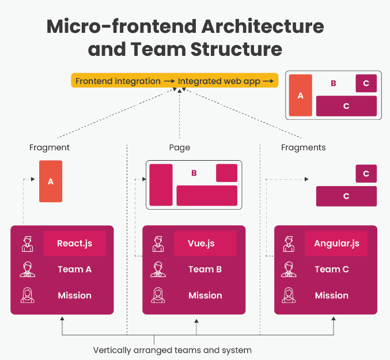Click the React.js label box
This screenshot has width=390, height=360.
[74, 243]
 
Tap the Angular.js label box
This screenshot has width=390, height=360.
[336, 243]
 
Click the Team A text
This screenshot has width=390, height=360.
[74, 269]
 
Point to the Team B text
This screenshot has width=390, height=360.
[205, 269]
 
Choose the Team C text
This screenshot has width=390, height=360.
[331, 269]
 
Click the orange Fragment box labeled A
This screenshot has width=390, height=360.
[51, 181]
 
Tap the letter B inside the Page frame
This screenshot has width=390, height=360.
[194, 173]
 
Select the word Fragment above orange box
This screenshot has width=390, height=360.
[50, 147]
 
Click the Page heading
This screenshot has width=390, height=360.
[180, 147]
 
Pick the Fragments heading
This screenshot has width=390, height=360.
[303, 147]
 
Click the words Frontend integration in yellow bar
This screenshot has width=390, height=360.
[118, 81]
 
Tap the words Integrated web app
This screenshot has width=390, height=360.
[219, 81]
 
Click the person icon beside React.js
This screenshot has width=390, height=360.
[27, 243]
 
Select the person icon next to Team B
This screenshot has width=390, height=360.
[158, 269]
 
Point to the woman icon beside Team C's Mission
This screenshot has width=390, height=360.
[289, 295]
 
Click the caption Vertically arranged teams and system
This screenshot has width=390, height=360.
[172, 350]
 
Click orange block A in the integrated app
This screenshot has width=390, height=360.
[300, 96]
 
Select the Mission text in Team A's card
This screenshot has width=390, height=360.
[74, 295]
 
